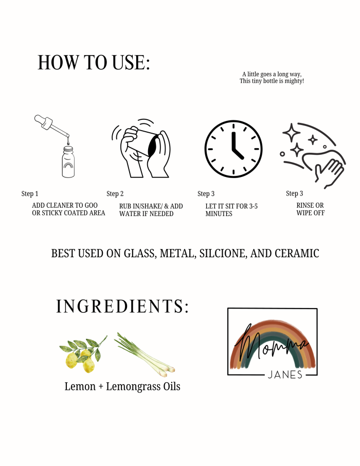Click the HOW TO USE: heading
[94, 62]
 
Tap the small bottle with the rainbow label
[68, 162]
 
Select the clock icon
[233, 149]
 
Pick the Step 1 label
[30, 194]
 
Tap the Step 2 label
[115, 194]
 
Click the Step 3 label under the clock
[206, 194]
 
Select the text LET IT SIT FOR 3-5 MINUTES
[231, 210]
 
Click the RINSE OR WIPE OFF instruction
[310, 209]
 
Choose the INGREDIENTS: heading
[122, 306]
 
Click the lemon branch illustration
[83, 354]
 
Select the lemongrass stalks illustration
[145, 353]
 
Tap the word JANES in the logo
[285, 375]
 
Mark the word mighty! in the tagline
[294, 81]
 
